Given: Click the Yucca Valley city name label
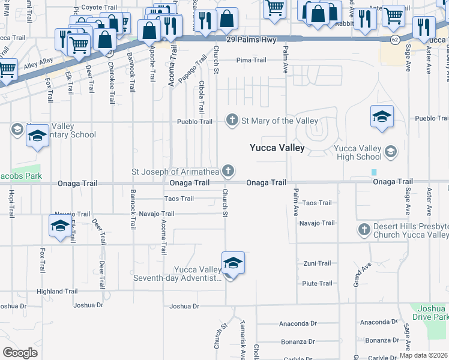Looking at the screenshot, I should (277, 148).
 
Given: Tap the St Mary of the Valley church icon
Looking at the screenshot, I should (232, 121).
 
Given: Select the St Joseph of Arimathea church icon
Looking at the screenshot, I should (228, 172).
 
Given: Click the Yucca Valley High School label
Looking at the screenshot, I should (358, 152).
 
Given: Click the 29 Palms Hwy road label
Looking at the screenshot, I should (250, 40).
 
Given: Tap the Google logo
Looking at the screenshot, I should (20, 353).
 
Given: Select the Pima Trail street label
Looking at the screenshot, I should (251, 60).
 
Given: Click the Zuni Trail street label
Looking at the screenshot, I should (317, 263).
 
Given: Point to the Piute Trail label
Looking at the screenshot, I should (317, 283).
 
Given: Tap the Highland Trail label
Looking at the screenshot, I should (57, 292).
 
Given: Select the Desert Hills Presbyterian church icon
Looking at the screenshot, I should (363, 229).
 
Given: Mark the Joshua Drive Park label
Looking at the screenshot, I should (431, 312).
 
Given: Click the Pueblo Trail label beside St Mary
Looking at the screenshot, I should (194, 121).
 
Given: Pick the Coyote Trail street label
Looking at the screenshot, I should (98, 7).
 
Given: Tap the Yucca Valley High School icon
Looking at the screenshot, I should (391, 151).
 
